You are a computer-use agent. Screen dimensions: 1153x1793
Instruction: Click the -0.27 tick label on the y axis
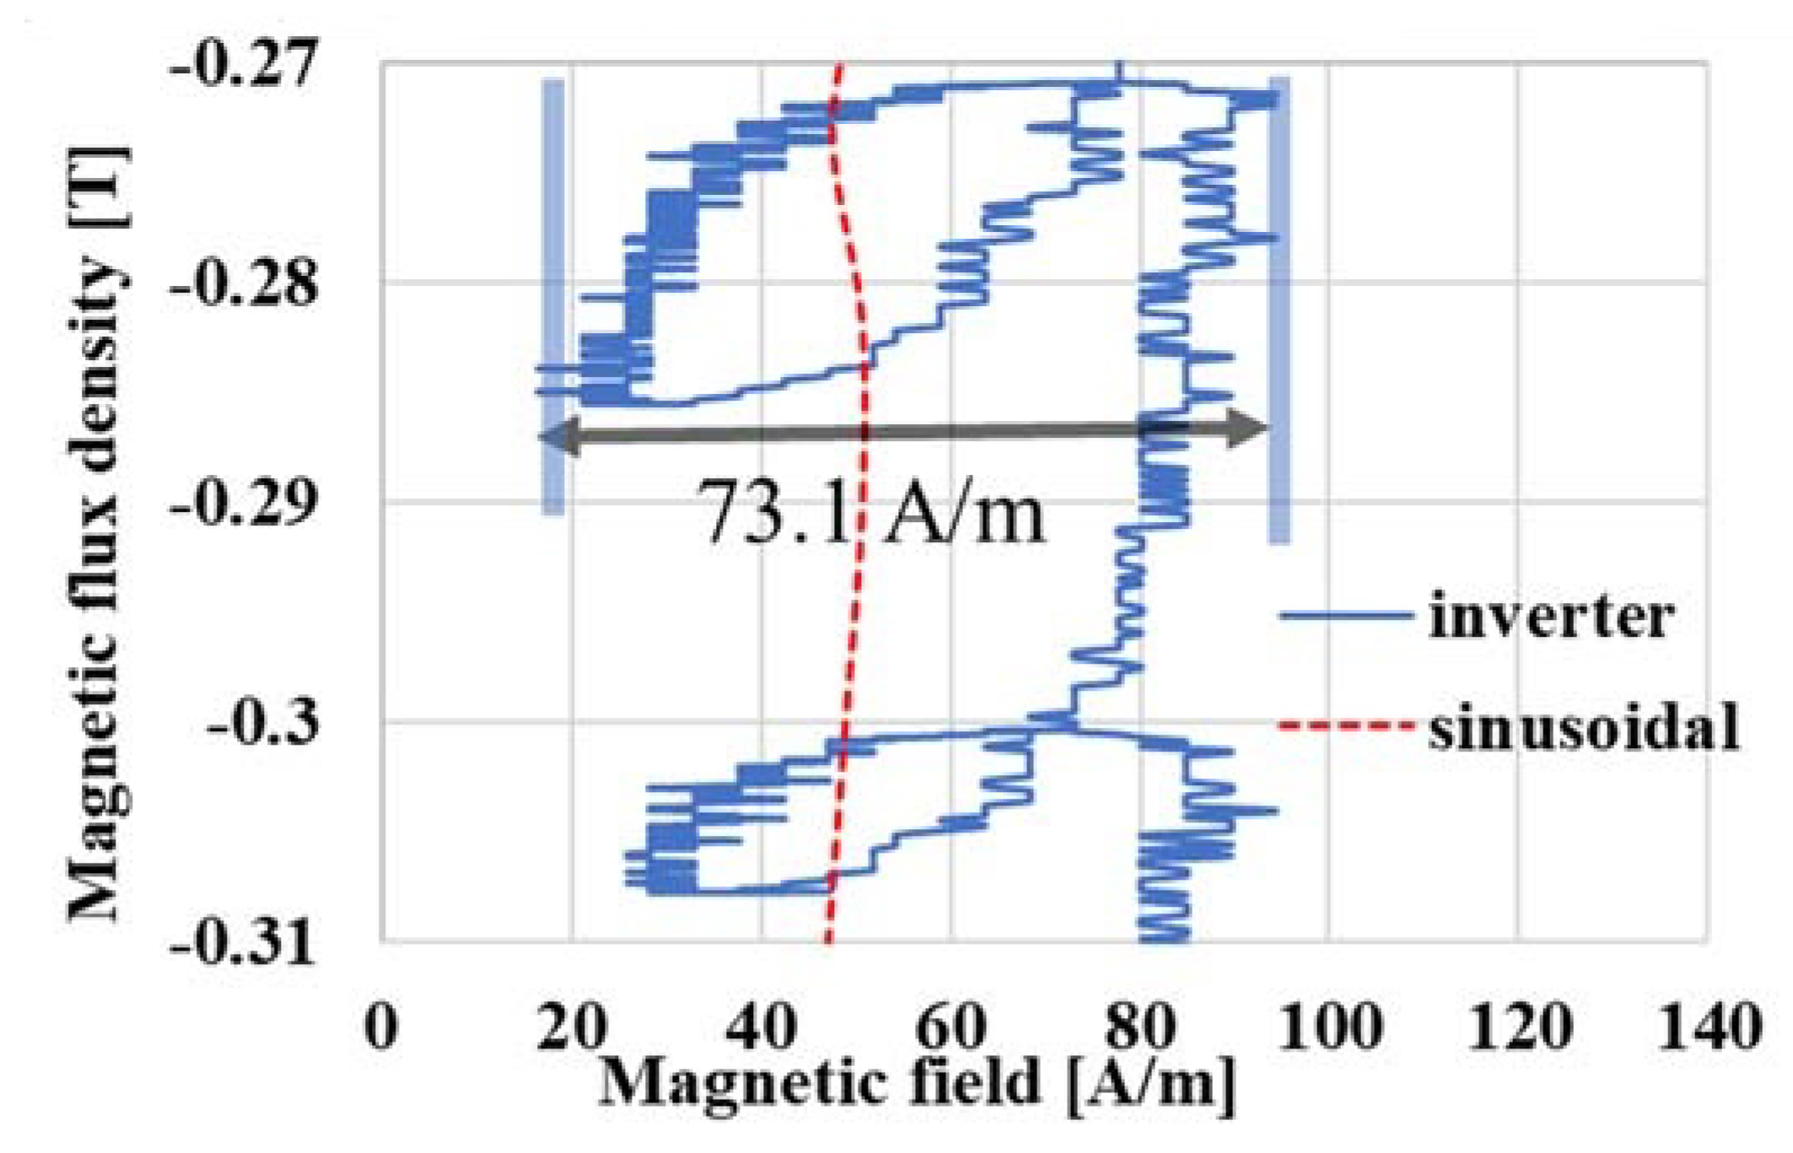tap(245, 64)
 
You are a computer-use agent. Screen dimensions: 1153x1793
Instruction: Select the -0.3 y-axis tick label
tap(263, 723)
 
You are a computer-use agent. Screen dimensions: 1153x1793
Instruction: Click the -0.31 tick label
tap(245, 942)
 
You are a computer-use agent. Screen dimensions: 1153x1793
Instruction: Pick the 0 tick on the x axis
tap(381, 1026)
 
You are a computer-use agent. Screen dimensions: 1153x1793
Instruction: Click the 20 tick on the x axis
tap(571, 1026)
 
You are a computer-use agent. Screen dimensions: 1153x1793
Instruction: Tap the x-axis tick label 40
tap(761, 1026)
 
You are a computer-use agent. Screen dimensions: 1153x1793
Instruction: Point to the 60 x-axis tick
tap(950, 1026)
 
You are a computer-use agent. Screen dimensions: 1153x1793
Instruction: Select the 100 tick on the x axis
tap(1329, 1026)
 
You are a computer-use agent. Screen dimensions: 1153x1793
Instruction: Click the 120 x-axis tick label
tap(1519, 1026)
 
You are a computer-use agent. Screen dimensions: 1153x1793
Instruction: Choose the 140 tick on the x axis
tap(1709, 1026)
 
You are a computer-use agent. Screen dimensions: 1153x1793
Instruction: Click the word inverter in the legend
tap(1550, 617)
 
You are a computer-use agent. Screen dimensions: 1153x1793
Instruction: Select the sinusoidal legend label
tap(1583, 726)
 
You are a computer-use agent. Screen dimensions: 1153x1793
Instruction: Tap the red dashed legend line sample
tap(1344, 725)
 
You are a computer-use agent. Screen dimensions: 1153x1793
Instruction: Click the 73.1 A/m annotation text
tap(873, 513)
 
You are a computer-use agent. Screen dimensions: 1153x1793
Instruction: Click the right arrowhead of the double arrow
tap(1248, 429)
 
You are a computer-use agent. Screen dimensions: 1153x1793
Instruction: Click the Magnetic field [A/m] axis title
tap(917, 1084)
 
